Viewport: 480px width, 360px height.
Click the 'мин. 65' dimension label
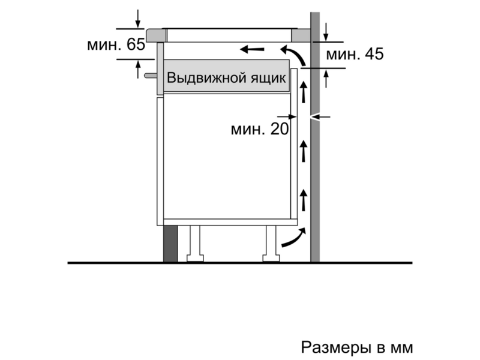116,44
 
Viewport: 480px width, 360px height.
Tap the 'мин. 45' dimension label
355,54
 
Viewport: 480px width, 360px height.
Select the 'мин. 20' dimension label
260,129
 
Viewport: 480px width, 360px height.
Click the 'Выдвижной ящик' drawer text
226,78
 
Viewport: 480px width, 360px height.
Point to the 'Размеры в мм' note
357,347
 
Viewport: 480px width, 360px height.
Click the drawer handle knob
151,76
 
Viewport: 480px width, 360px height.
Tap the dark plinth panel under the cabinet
170,244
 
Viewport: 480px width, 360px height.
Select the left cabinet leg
195,244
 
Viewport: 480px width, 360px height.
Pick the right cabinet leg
271,244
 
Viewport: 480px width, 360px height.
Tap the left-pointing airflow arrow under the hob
252,49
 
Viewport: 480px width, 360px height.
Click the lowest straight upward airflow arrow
304,200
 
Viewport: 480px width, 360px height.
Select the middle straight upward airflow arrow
304,151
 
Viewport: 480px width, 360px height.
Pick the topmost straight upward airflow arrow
304,92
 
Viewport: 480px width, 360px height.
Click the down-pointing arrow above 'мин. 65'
138,19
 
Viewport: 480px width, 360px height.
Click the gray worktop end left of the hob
156,35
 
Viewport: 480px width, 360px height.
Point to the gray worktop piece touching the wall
301,35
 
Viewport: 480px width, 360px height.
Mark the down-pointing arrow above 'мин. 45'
326,32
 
